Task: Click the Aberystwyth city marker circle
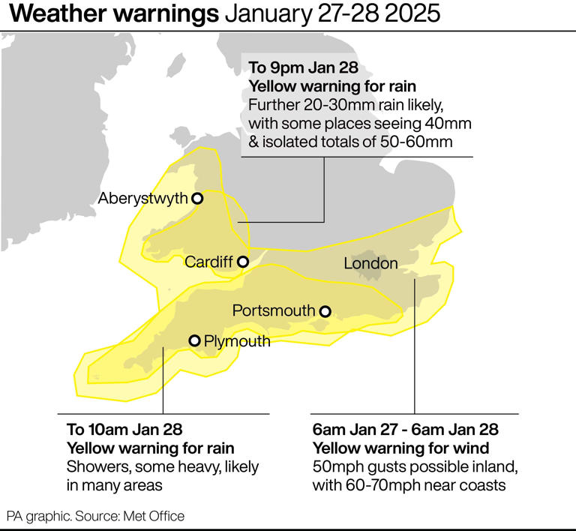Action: click(198, 199)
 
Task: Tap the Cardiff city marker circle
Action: click(243, 262)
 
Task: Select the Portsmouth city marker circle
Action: click(325, 311)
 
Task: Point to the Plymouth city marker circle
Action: click(194, 341)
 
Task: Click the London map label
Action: click(370, 263)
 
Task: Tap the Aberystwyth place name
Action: click(142, 199)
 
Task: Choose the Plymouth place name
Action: click(237, 342)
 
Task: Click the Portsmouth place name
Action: click(273, 311)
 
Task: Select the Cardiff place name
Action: click(209, 262)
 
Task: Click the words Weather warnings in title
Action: click(112, 14)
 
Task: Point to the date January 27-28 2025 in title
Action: click(329, 14)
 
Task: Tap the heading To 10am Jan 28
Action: click(124, 430)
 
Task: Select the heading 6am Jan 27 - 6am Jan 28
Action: click(405, 430)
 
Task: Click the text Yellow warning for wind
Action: click(400, 448)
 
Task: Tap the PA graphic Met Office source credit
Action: click(95, 516)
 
